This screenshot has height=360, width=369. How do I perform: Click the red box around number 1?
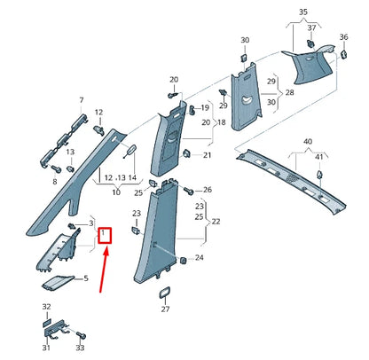[105, 236]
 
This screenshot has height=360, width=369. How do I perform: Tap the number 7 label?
[82, 101]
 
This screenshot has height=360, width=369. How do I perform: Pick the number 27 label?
[165, 310]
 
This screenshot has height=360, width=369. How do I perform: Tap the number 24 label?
[200, 258]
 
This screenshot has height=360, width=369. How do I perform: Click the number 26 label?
[208, 190]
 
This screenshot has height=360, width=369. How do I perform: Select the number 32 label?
[47, 306]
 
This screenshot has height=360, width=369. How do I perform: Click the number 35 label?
[302, 12]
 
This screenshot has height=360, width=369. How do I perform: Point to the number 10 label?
[116, 192]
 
